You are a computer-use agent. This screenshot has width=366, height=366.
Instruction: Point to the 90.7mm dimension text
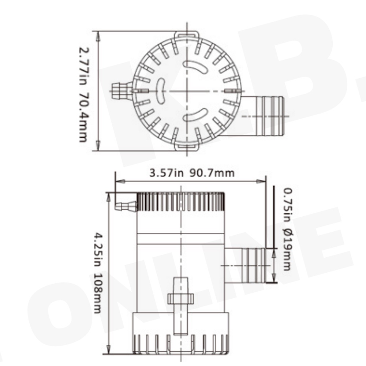click(212, 173)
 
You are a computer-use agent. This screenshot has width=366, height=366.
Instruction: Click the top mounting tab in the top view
click(187, 35)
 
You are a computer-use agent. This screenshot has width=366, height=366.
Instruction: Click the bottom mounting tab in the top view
click(187, 147)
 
